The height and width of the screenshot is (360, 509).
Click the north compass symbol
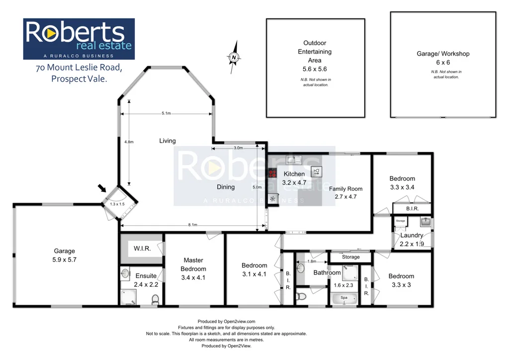[x=234, y=57]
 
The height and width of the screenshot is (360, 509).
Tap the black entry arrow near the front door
[x=102, y=188]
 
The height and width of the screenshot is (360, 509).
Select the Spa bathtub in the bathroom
[x=343, y=298]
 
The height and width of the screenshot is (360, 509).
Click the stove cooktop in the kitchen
[x=272, y=174]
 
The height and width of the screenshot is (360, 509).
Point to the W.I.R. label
[x=142, y=248]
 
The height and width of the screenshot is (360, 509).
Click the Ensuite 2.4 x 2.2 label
[x=145, y=280]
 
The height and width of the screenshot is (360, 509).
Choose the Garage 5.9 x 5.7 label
[x=65, y=255]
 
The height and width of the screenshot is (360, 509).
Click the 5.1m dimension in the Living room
[x=166, y=113]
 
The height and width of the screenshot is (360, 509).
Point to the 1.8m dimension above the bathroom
[x=312, y=261]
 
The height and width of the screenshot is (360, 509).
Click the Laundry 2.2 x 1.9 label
[x=412, y=240]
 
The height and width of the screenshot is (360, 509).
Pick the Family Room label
[x=345, y=192]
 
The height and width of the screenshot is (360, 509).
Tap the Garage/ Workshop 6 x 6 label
[x=442, y=58]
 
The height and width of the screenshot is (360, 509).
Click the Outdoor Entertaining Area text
[x=315, y=52]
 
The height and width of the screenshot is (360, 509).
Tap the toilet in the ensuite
[x=155, y=299]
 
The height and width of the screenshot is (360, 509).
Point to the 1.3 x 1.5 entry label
[x=118, y=204]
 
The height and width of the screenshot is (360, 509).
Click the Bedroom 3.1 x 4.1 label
[x=254, y=270]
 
